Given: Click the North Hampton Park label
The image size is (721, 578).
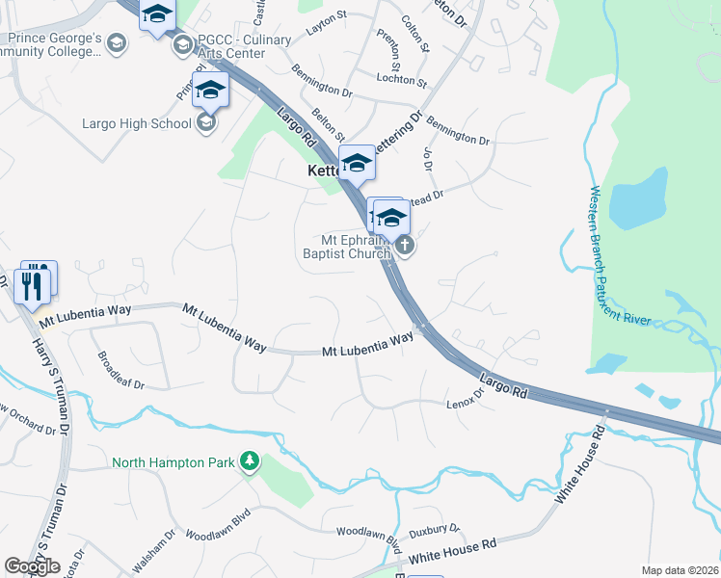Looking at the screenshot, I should click(174, 462).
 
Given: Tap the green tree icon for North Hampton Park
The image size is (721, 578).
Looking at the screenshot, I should click(250, 461).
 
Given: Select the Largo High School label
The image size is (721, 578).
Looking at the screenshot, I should click(136, 123).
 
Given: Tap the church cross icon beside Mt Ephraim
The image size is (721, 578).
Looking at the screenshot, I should click(405, 246).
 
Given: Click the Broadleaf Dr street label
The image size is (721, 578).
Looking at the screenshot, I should click(120, 369).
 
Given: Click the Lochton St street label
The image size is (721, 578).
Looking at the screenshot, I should click(402, 79).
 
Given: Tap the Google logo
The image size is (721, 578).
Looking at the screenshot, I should click(32, 566).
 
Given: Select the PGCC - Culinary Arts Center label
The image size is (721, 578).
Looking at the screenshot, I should click(237, 47).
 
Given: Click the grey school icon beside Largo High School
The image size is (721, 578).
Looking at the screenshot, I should click(205, 122).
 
